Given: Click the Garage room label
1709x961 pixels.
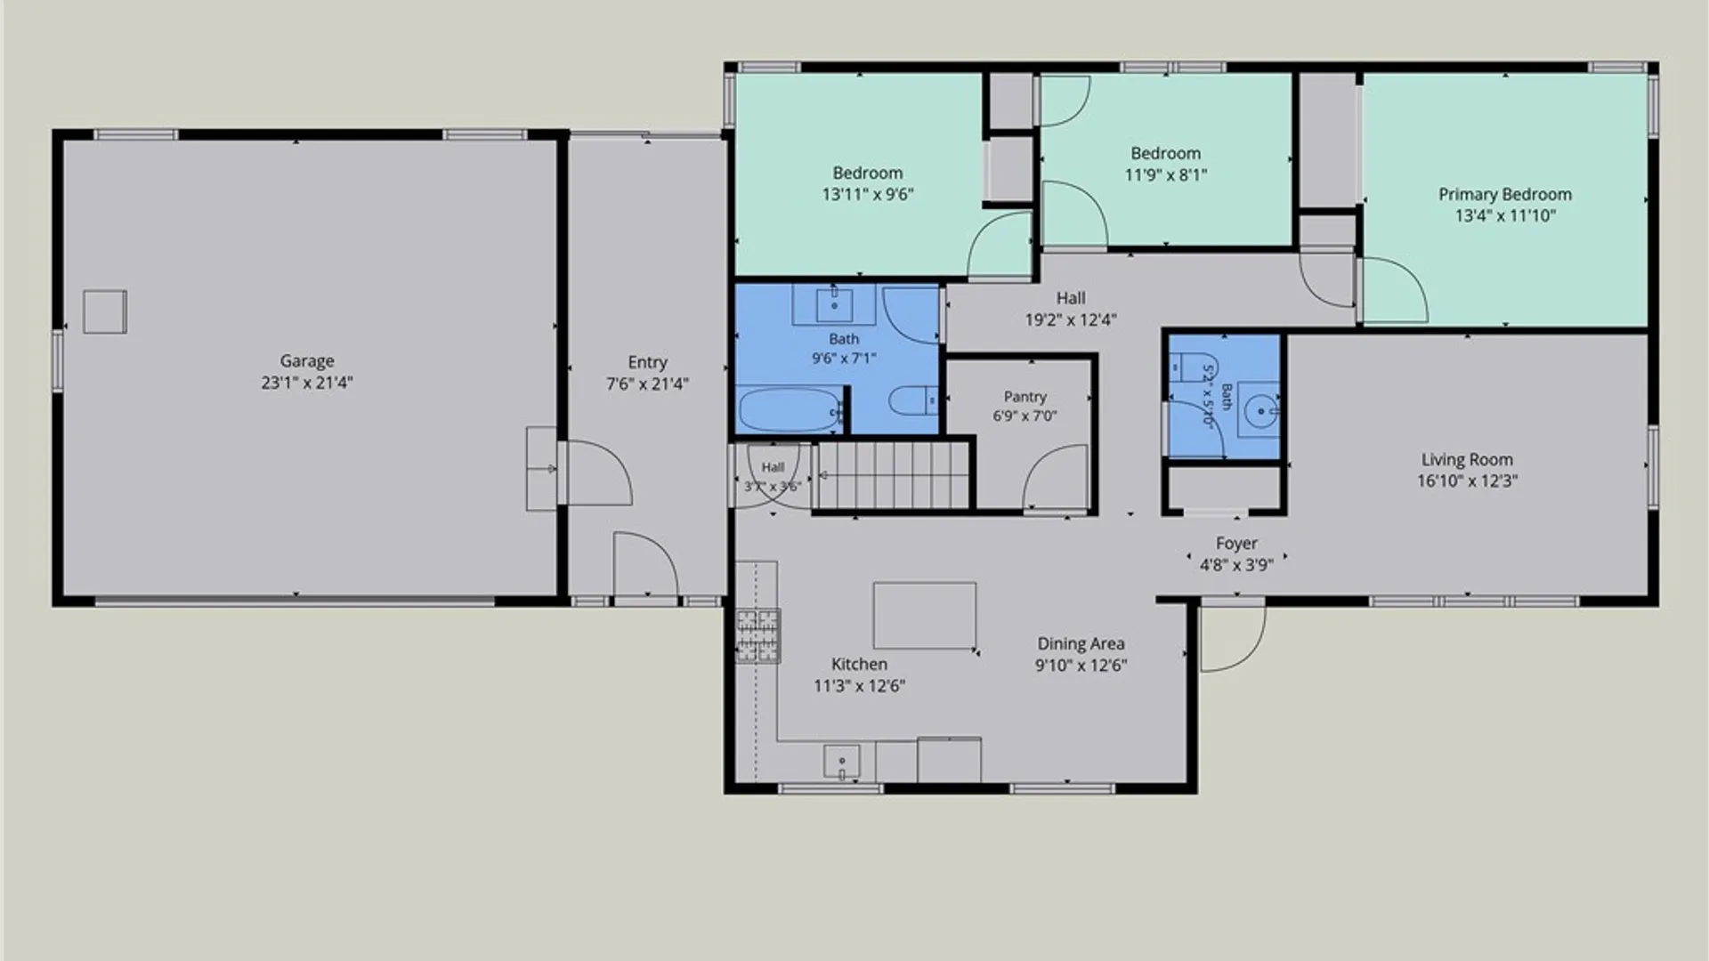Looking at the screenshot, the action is tap(307, 361).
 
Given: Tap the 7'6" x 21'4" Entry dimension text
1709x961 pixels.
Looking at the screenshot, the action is tap(647, 384).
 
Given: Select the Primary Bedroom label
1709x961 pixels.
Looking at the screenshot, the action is tap(1505, 195).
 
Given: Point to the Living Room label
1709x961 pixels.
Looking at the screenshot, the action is tap(1467, 460).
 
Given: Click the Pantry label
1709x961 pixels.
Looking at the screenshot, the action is tap(1025, 397).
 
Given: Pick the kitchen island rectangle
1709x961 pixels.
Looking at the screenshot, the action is tap(925, 616).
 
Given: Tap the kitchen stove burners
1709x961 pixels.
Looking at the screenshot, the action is tap(757, 635).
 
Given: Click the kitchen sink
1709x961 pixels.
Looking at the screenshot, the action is tap(841, 763).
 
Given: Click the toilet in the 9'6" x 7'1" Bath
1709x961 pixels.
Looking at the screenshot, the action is tap(913, 401).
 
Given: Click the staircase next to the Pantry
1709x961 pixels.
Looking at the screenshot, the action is tap(893, 475).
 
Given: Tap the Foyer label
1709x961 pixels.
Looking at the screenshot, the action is tap(1236, 544).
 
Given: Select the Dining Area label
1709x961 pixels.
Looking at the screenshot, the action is tap(1081, 643).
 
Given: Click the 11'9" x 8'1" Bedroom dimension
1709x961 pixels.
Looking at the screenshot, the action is tap(1166, 175).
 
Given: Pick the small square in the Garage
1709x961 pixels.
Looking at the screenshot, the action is tap(105, 312).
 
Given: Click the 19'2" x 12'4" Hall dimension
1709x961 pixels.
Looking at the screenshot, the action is tap(1071, 320).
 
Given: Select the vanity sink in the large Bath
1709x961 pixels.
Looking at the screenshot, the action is tap(835, 305).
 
